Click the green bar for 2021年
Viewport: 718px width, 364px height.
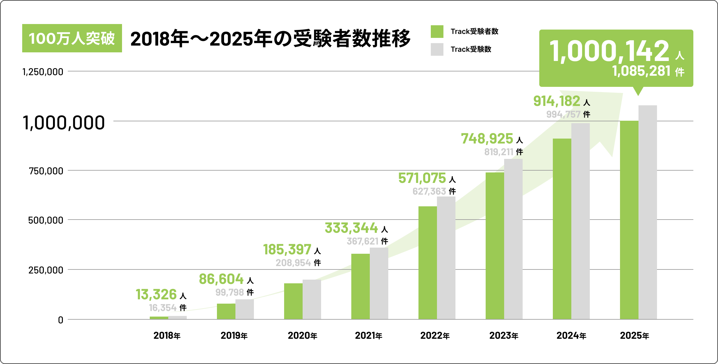click(360, 286)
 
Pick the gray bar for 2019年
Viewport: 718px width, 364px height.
click(245, 309)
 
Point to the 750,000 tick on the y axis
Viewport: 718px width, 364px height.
click(46, 171)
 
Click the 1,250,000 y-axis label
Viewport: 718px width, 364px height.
click(43, 72)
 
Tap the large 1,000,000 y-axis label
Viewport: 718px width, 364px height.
click(64, 123)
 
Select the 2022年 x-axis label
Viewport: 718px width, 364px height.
click(435, 335)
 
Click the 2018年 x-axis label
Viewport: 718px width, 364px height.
click(167, 335)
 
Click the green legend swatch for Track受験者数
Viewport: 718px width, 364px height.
click(437, 31)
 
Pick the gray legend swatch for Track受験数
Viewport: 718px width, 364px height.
click(437, 49)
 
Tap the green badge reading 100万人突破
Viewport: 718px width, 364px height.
click(72, 38)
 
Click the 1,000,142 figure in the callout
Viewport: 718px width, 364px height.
click(609, 51)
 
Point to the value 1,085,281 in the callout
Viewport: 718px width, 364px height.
click(641, 71)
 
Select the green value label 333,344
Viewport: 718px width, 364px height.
click(351, 228)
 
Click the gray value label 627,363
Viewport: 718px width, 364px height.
click(429, 192)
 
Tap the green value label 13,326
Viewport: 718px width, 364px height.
click(156, 295)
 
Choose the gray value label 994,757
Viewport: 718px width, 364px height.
click(563, 115)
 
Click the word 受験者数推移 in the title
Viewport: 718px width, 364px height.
click(352, 38)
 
